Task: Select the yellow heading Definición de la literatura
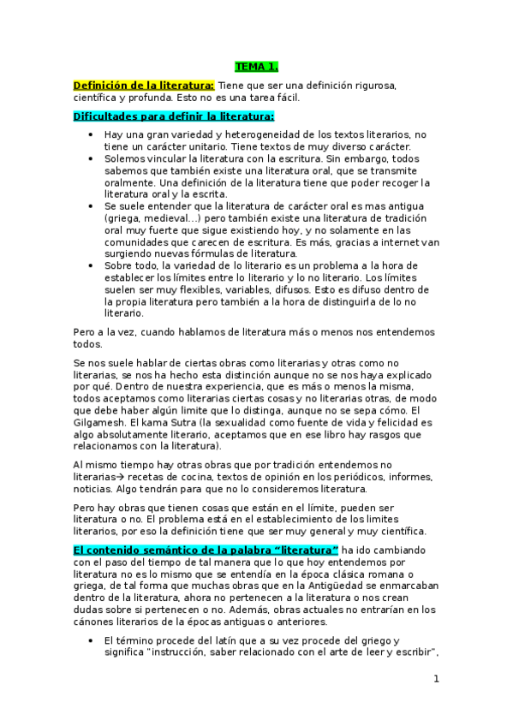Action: point(143,85)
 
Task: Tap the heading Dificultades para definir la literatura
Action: point(173,116)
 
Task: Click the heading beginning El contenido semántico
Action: point(206,549)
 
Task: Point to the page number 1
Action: point(436,680)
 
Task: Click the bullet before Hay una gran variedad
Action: point(91,135)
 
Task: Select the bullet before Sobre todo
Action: point(91,266)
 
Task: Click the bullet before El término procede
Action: point(91,640)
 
